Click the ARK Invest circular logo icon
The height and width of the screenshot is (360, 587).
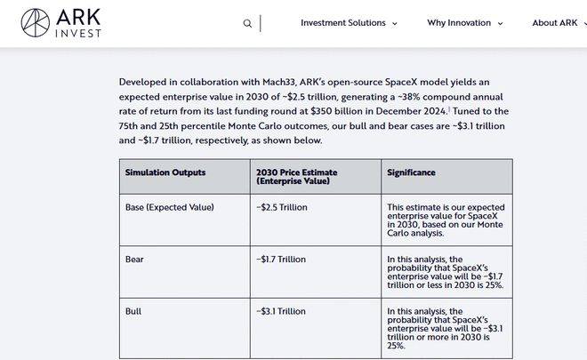coord(36,23)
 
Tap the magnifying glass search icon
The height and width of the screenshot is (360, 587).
coord(247,23)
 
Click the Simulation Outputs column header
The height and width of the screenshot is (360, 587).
coord(165,172)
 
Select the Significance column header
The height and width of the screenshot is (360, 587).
coord(411,172)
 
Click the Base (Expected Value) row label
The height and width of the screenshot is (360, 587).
coord(169,207)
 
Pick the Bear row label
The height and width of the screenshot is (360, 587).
coord(134,260)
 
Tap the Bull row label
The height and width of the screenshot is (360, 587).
coord(133,311)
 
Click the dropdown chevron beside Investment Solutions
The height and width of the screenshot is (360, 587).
coord(395,24)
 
